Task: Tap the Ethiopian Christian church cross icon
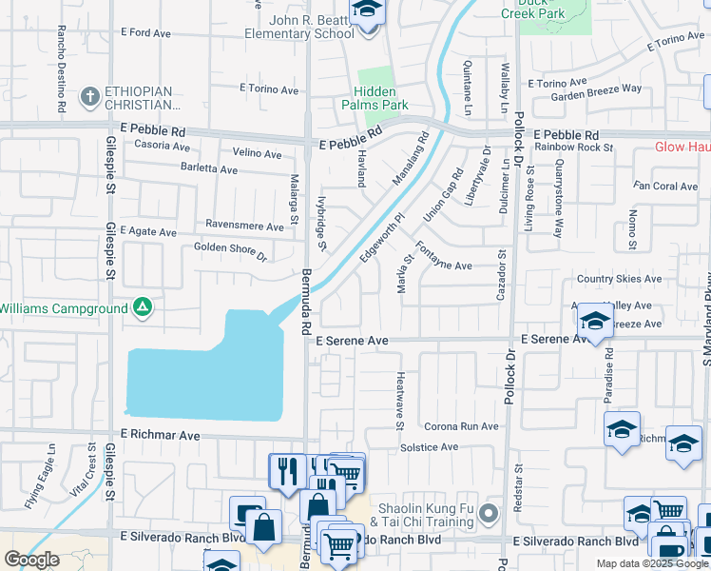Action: click(90, 96)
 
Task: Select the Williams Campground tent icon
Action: click(142, 307)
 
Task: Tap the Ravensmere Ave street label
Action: click(246, 227)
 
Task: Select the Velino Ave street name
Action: click(257, 154)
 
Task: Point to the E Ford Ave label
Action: click(145, 33)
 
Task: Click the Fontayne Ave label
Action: click(444, 266)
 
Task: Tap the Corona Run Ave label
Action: click(461, 426)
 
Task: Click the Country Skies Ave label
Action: click(618, 279)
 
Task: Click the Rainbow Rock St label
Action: click(574, 148)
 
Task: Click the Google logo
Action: click(31, 560)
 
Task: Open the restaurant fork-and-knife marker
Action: click(286, 471)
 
